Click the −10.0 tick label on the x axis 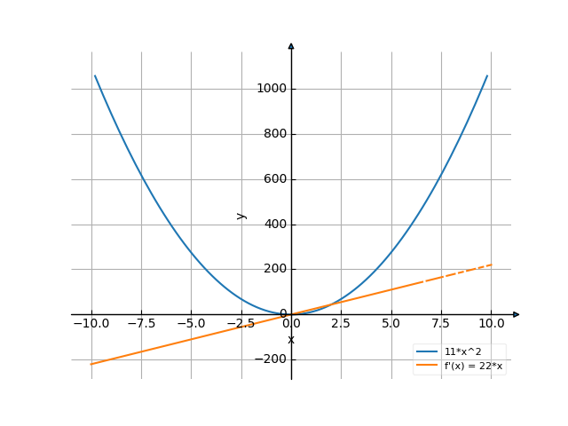91,324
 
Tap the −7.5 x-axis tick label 140,324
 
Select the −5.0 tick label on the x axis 191,324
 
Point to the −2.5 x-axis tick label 241,324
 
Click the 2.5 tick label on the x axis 341,324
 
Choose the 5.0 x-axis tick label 390,324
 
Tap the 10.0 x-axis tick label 491,324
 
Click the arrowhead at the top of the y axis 291,45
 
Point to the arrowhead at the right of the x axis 517,314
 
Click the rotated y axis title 241,216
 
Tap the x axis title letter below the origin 291,340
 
